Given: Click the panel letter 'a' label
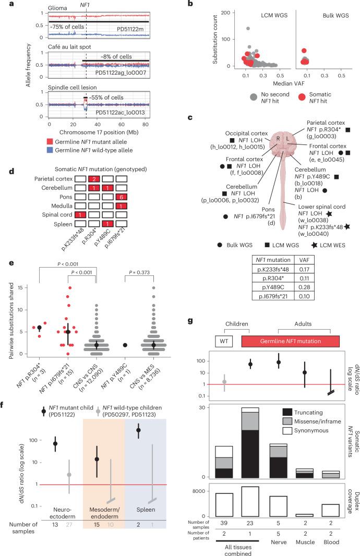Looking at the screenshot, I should click(x=4, y=4).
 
